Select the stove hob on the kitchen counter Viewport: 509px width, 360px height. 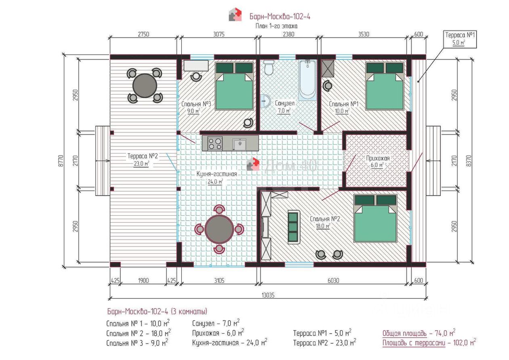point(215,143)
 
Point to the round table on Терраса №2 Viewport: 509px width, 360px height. point(145,86)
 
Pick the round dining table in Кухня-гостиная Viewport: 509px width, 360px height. point(219,229)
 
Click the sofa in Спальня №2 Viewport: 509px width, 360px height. point(294,227)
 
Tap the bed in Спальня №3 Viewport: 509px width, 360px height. point(234,86)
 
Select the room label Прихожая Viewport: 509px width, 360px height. point(378,158)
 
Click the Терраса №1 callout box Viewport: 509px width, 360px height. point(460,39)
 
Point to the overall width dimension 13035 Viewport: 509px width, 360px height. point(268,295)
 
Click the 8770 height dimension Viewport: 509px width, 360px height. point(61,161)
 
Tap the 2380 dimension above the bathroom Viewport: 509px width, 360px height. point(288,34)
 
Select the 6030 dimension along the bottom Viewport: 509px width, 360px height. point(333,281)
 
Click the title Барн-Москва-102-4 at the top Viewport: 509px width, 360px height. point(280,17)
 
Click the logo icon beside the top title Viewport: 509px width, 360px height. point(235,14)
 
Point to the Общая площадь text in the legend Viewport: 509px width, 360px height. point(404,333)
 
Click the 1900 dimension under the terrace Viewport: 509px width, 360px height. point(143,281)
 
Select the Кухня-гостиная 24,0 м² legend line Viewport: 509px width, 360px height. point(229,343)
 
